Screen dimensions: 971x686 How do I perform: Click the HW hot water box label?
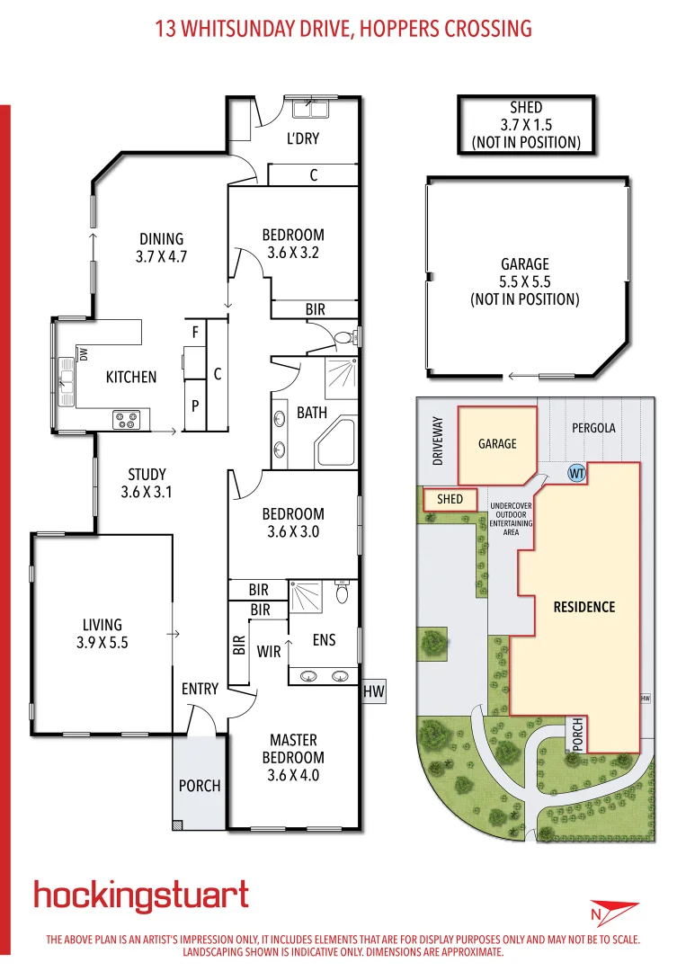click(x=373, y=692)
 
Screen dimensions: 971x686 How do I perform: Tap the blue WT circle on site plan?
click(x=575, y=472)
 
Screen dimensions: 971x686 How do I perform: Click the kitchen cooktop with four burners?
click(x=125, y=418)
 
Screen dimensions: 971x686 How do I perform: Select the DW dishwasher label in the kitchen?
click(x=83, y=355)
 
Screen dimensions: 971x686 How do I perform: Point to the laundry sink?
click(x=310, y=111)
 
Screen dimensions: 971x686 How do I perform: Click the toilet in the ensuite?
click(x=343, y=594)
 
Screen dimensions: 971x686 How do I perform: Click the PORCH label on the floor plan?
click(x=200, y=786)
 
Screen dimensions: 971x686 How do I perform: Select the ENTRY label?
click(x=200, y=689)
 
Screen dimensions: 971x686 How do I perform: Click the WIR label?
click(x=269, y=651)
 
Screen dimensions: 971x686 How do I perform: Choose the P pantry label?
click(x=195, y=406)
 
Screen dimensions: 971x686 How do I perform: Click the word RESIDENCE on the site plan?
click(x=584, y=607)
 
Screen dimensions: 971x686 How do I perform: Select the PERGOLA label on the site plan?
click(x=593, y=428)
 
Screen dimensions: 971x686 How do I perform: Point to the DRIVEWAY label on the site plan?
click(x=438, y=440)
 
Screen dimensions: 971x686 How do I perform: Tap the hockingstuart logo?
click(x=141, y=896)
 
